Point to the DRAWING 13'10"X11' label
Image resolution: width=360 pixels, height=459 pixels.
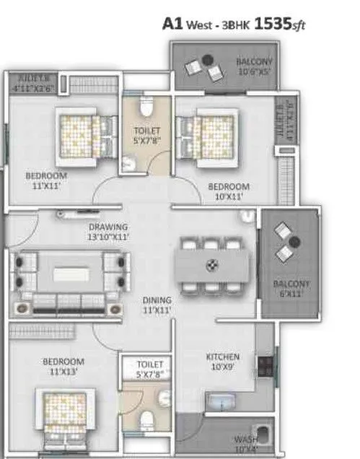pyautogui.click(x=108, y=231)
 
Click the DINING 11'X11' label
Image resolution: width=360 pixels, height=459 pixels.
pyautogui.click(x=157, y=305)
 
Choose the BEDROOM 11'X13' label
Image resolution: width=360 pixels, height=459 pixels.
pyautogui.click(x=63, y=367)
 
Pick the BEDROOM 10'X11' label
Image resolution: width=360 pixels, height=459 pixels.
pyautogui.click(x=229, y=191)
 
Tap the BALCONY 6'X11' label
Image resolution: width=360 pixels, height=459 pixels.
pyautogui.click(x=291, y=289)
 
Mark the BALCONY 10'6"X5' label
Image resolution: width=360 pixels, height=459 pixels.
pyautogui.click(x=255, y=67)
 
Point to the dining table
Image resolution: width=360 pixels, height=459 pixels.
pyautogui.click(x=212, y=266)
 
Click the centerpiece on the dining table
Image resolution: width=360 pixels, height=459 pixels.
pyautogui.click(x=212, y=264)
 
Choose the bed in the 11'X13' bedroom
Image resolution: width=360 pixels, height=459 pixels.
pyautogui.click(x=66, y=419)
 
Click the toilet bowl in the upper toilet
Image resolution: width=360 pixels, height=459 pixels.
pyautogui.click(x=145, y=108)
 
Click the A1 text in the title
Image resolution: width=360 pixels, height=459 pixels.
pyautogui.click(x=172, y=23)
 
